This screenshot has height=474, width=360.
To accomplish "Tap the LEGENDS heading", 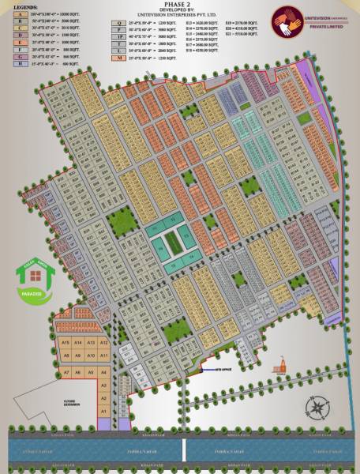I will pyautogui.click(x=17, y=7).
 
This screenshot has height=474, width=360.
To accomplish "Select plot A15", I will pyautogui.click(x=66, y=342).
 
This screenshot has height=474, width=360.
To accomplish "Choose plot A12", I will pyautogui.click(x=103, y=342).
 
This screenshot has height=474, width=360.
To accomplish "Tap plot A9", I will pyautogui.click(x=78, y=356).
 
